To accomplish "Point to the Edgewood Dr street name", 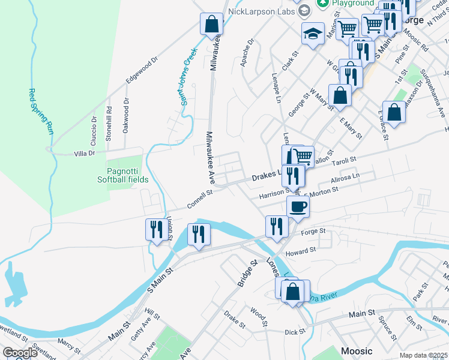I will [142, 71].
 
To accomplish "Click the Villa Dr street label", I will [84, 154].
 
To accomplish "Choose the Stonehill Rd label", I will [109, 123].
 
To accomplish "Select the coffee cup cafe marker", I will [298, 207].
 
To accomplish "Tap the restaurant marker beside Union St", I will [156, 230].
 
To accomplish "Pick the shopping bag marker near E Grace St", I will [394, 112].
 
